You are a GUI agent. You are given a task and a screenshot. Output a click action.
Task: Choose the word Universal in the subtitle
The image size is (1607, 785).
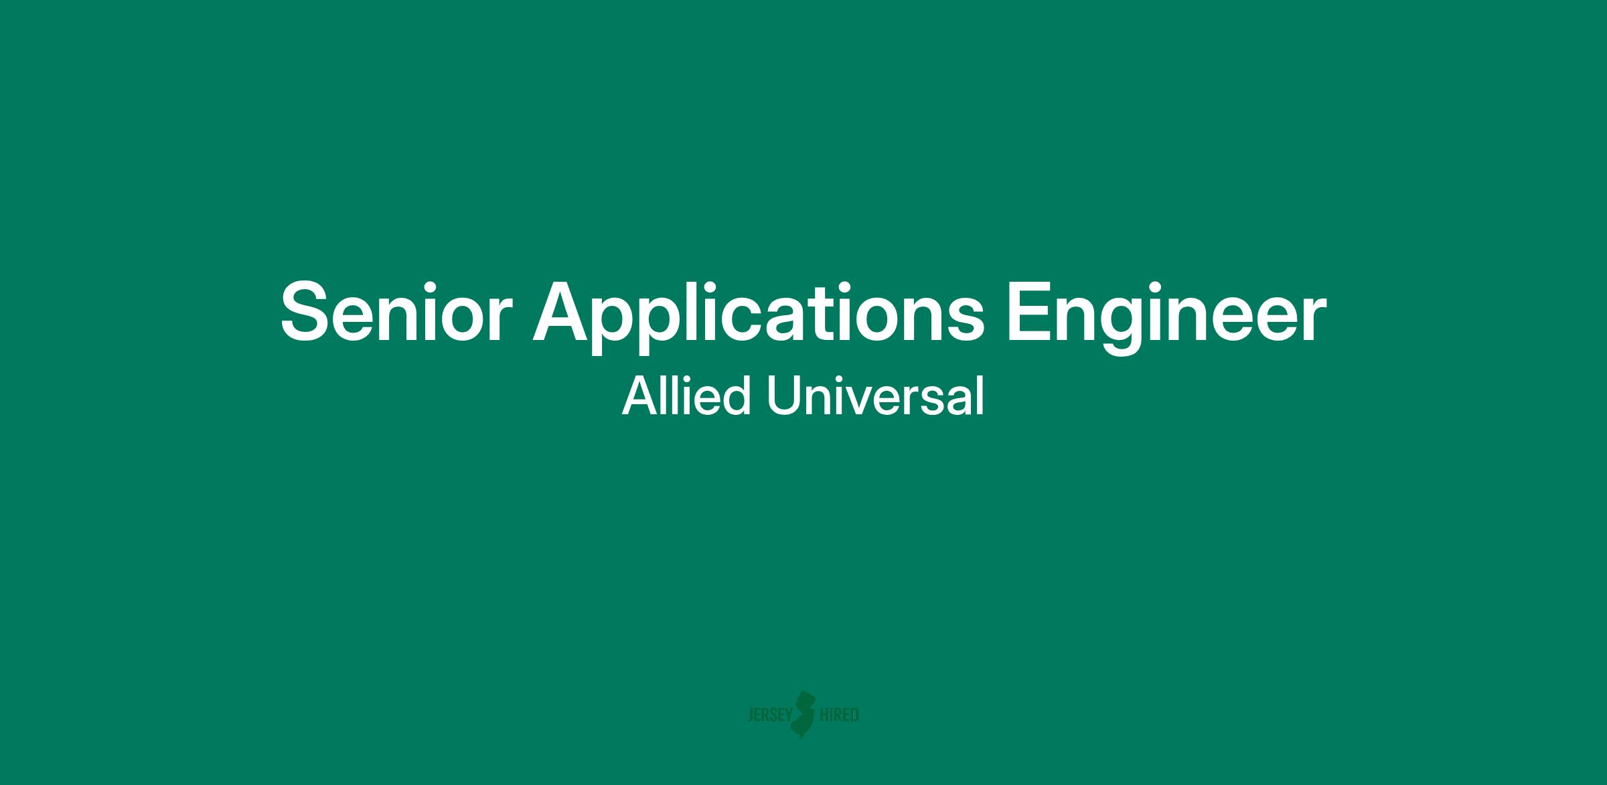[876, 396]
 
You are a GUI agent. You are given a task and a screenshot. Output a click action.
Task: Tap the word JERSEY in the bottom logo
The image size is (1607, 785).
[769, 715]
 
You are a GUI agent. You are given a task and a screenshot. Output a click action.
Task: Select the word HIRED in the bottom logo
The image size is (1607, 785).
[839, 715]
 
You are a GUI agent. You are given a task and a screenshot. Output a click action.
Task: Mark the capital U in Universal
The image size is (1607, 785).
[784, 396]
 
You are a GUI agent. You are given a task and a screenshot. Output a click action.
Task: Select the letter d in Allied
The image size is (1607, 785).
[737, 396]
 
